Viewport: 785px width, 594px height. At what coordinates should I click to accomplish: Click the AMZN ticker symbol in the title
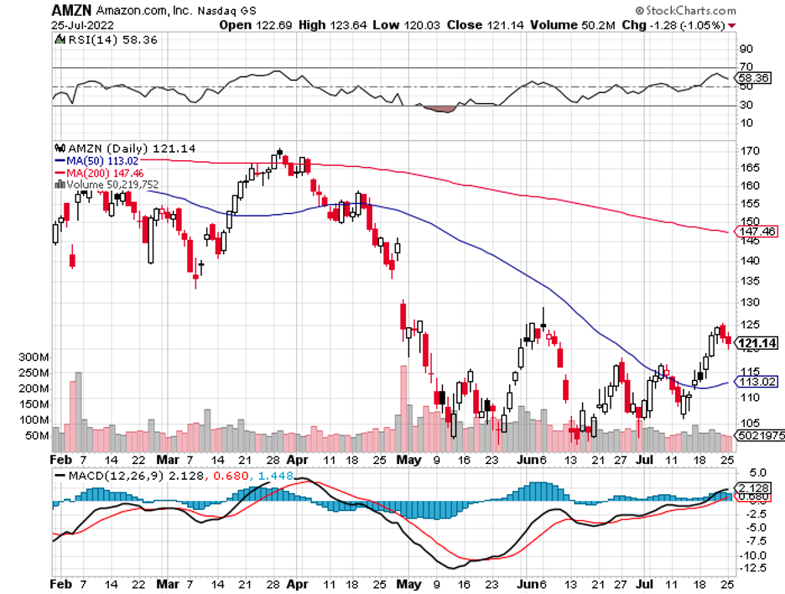click(x=70, y=11)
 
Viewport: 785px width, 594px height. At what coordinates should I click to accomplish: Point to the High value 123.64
click(x=346, y=25)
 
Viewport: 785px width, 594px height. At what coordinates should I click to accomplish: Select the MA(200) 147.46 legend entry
click(x=104, y=172)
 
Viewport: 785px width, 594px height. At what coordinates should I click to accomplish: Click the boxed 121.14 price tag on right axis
click(x=756, y=342)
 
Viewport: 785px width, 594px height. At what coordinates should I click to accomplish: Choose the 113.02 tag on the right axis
click(x=756, y=382)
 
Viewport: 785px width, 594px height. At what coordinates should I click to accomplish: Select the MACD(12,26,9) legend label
click(x=101, y=476)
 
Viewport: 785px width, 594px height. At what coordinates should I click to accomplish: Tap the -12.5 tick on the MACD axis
click(x=751, y=569)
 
